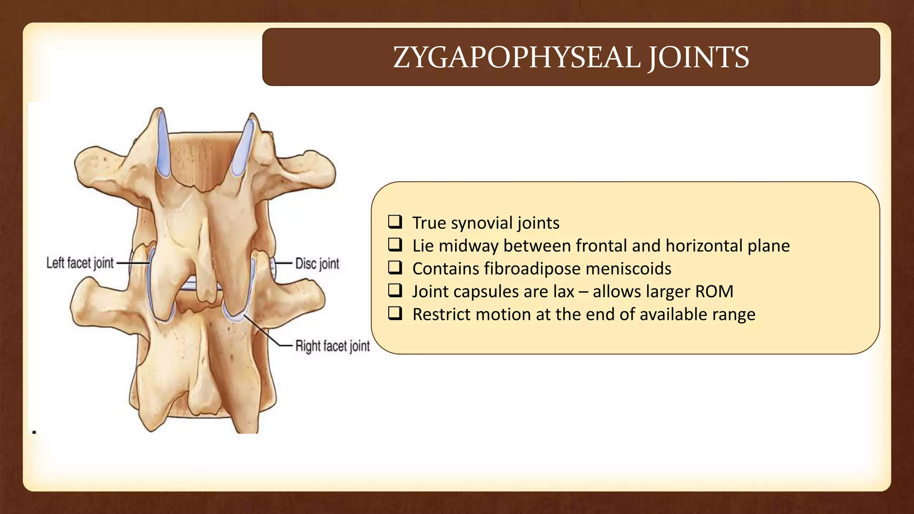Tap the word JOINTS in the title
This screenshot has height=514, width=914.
(698, 58)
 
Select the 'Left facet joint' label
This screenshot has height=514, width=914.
(80, 263)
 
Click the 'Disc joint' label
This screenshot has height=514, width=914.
(317, 264)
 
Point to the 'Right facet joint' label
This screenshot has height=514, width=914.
(332, 346)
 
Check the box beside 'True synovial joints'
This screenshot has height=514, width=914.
(395, 222)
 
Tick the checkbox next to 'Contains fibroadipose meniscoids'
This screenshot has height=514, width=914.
(395, 268)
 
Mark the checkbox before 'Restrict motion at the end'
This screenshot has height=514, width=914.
(395, 313)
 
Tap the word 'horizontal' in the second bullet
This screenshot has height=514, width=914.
(704, 245)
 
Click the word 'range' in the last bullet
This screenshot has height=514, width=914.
(734, 315)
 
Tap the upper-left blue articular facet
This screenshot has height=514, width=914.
(162, 145)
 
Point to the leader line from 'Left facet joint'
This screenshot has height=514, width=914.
(133, 263)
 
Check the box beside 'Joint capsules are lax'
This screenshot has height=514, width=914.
(395, 290)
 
